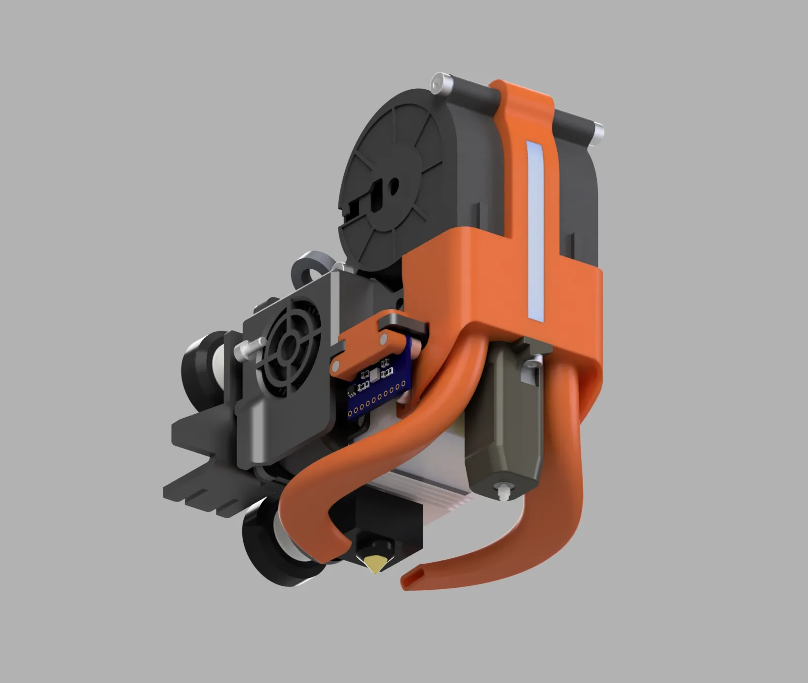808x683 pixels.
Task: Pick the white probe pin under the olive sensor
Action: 503,492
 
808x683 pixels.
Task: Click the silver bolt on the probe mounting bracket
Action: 533,363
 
